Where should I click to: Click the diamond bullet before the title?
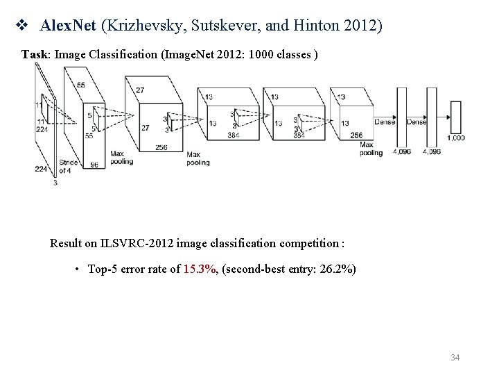(20, 26)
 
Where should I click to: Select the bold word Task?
(34, 53)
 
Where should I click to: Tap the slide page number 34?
(455, 358)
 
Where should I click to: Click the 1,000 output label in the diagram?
(455, 138)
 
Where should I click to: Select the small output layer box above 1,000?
(455, 117)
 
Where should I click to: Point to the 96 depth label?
(94, 165)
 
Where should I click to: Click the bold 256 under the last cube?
(356, 135)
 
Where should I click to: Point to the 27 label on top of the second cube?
(140, 90)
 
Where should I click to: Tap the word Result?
(65, 244)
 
